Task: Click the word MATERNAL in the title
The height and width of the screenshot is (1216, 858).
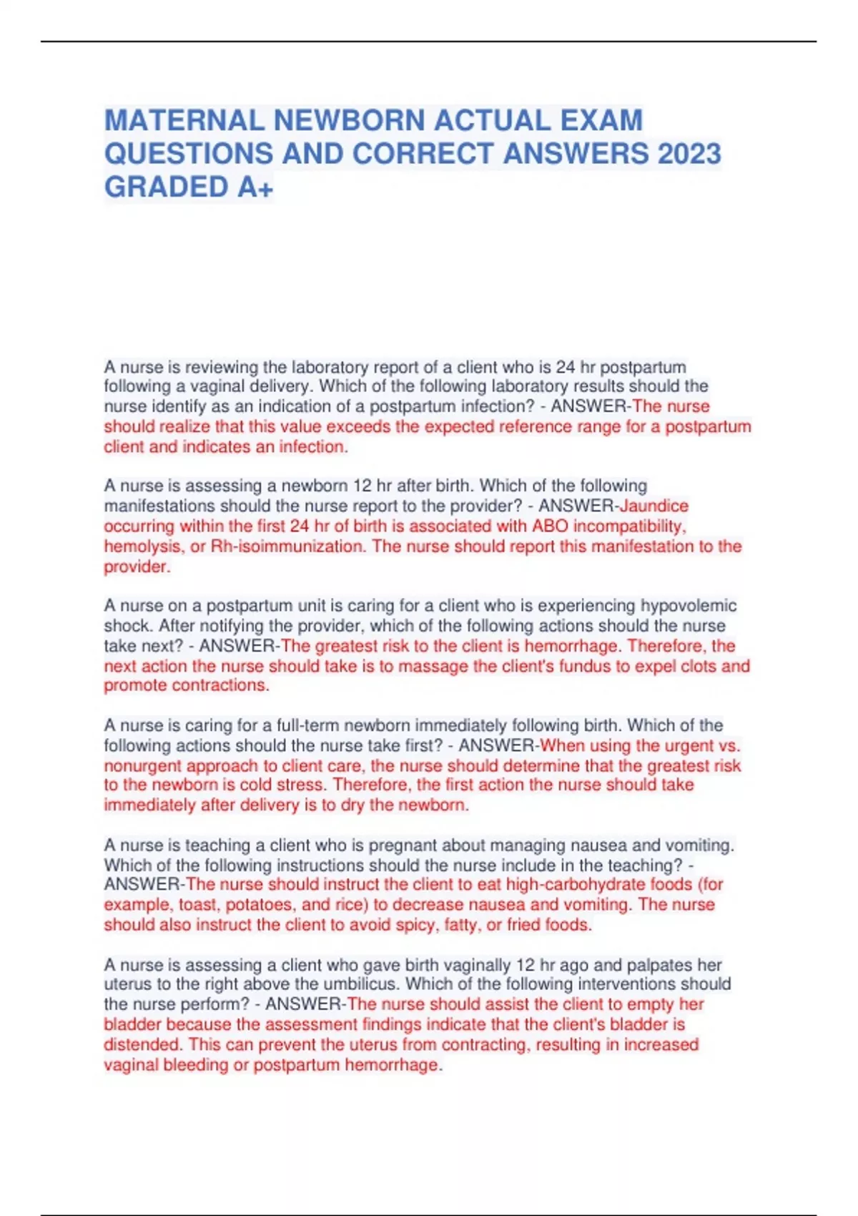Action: click(184, 120)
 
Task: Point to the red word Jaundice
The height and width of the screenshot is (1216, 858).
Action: click(654, 506)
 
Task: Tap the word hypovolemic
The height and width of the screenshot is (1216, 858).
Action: click(688, 606)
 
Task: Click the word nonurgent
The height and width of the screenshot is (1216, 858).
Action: click(143, 765)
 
